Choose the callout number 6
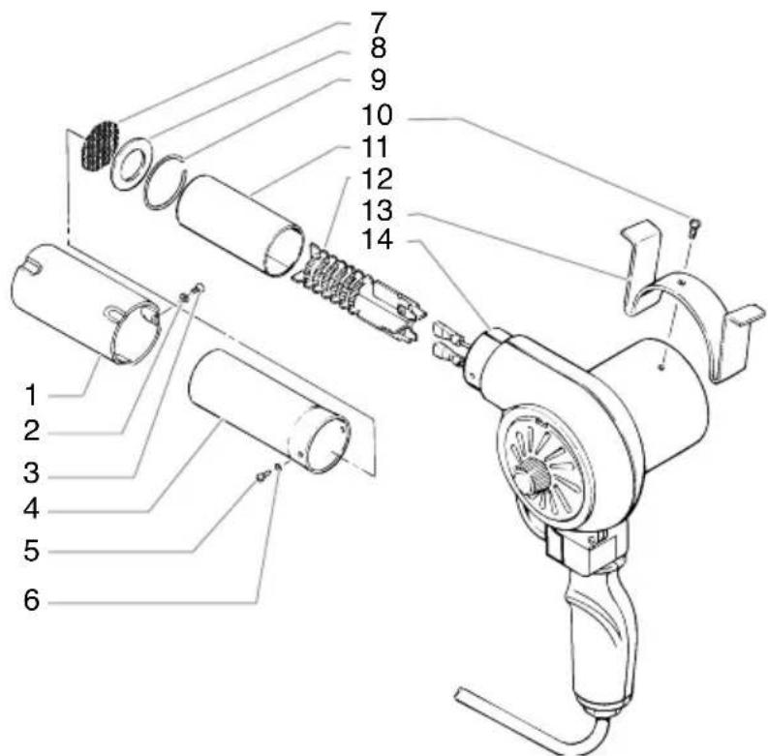click(x=33, y=600)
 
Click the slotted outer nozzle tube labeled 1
click(x=82, y=300)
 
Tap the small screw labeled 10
click(x=693, y=227)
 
